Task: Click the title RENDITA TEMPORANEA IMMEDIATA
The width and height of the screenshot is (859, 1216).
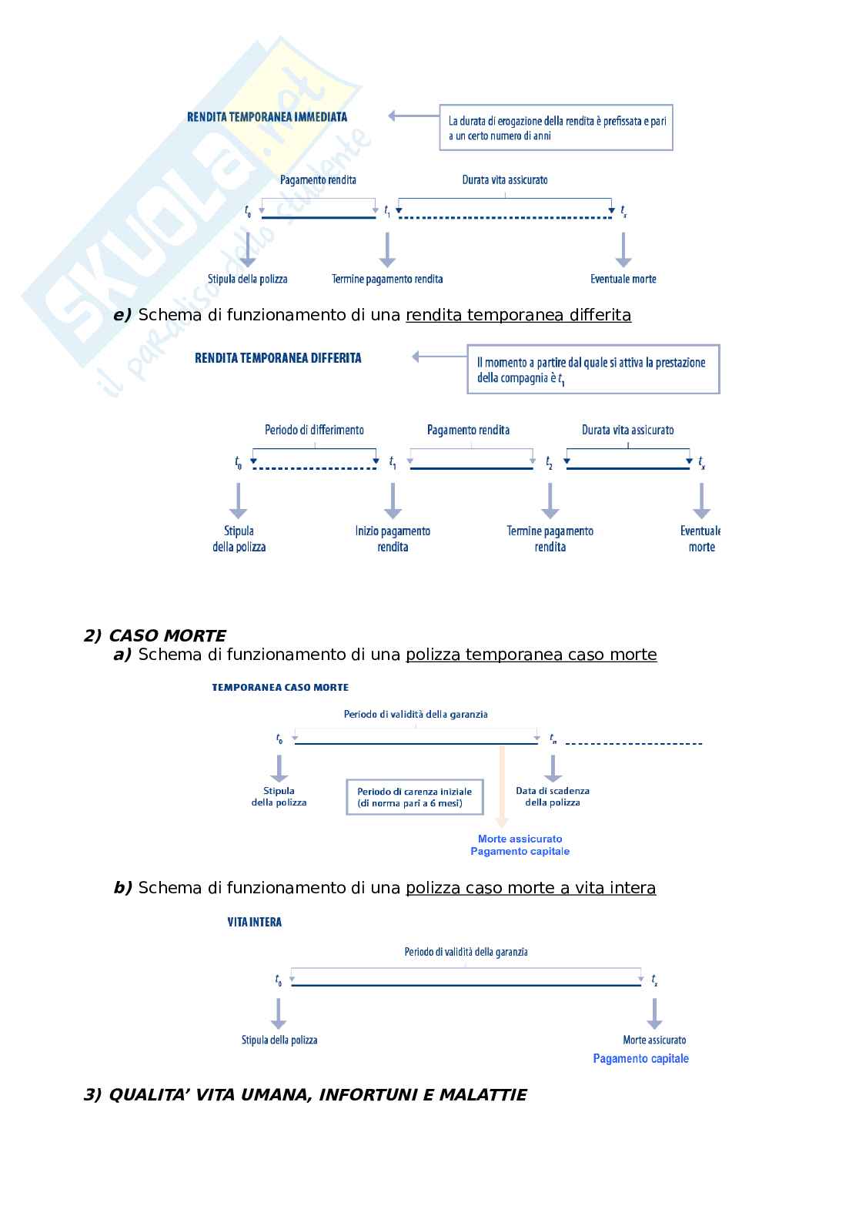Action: tap(267, 117)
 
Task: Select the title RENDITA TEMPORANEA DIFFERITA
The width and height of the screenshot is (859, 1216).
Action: tap(278, 358)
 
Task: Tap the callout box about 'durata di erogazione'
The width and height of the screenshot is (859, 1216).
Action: tap(556, 128)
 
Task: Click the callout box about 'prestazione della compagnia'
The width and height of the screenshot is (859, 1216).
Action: tap(593, 370)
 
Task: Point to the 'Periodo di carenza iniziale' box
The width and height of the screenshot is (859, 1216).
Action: tap(415, 797)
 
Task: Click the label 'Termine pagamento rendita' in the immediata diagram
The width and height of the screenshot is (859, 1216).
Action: tap(387, 279)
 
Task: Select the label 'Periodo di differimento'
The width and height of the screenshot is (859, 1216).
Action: tap(314, 430)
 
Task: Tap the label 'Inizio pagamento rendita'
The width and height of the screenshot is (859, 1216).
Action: tap(393, 539)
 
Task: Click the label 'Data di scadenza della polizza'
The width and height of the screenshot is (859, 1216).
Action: tap(553, 796)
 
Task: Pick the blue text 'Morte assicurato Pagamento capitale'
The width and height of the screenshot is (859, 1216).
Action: tap(520, 845)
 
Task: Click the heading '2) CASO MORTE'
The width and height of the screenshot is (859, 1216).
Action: tap(155, 636)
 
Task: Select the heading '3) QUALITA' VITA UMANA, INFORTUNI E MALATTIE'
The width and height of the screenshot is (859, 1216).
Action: tap(305, 1095)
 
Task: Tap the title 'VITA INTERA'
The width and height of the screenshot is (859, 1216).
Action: tap(255, 922)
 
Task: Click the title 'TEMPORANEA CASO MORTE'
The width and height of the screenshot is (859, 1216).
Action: tap(280, 687)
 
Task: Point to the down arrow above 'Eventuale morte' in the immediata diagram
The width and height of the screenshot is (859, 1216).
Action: tap(623, 250)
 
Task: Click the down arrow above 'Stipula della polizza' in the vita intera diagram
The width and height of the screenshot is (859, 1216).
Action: tap(279, 1013)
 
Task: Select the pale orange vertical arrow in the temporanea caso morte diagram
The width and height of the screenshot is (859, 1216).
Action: tap(502, 786)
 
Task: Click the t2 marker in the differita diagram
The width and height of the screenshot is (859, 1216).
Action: tap(550, 462)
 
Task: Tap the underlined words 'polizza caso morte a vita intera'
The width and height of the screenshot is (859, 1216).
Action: tap(530, 888)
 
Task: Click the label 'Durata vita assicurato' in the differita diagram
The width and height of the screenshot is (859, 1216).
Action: tap(627, 430)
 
